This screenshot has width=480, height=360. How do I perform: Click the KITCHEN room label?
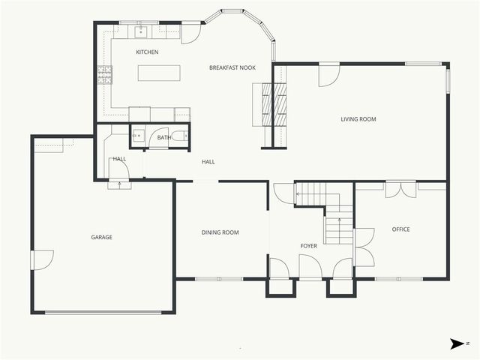click(146, 52)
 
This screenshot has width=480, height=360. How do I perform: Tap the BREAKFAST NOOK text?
click(232, 67)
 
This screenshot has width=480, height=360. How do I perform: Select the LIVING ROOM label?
click(358, 119)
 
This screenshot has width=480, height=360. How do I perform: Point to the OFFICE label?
click(400, 229)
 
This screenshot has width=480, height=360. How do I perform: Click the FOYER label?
click(309, 245)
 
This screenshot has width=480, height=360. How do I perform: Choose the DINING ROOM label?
click(220, 232)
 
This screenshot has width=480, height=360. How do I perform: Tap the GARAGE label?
click(101, 237)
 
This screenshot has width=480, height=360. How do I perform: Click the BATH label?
click(163, 137)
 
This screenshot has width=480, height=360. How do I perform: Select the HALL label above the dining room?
click(208, 161)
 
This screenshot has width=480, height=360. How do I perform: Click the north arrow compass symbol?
click(457, 343)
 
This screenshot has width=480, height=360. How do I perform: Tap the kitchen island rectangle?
click(158, 73)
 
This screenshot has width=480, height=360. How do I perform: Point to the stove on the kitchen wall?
click(103, 74)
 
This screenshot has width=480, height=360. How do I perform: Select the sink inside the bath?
click(138, 136)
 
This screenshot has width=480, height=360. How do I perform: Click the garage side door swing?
click(41, 259)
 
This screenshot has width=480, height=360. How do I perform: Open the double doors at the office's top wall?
click(400, 189)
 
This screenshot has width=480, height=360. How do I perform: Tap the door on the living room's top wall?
click(328, 74)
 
